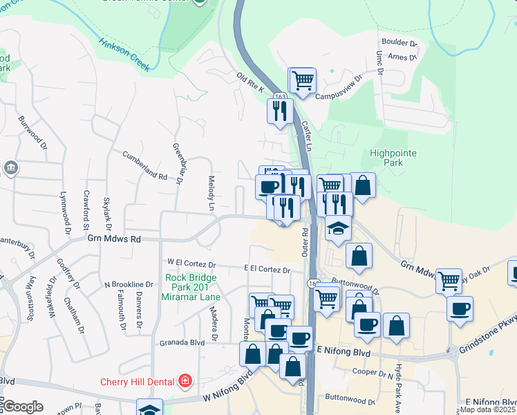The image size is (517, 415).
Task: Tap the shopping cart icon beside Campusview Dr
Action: (302, 81)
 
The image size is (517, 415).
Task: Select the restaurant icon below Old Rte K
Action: (280, 111)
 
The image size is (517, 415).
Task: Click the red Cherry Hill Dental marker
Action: (184, 380)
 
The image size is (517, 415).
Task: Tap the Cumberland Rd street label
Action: (144, 166)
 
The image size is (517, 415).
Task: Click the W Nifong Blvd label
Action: (227, 389)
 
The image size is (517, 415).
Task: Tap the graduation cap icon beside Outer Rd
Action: (337, 228)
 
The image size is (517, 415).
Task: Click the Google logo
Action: (23, 407)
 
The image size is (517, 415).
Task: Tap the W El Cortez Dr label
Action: (191, 264)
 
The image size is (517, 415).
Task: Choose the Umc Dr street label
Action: (380, 62)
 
